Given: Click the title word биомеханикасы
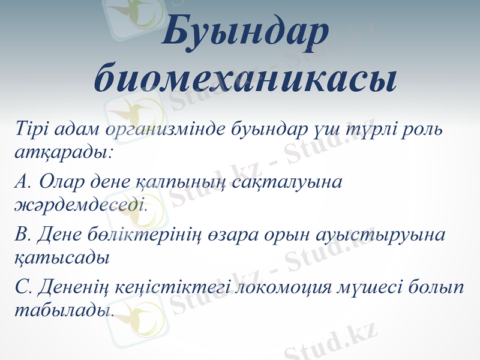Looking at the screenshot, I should tap(245, 78).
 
